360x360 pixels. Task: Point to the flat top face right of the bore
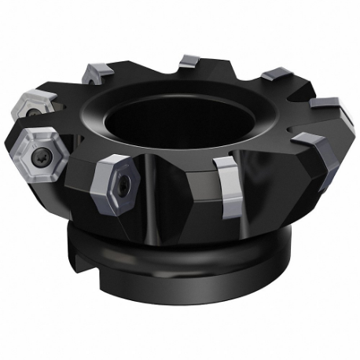pos(259,118)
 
